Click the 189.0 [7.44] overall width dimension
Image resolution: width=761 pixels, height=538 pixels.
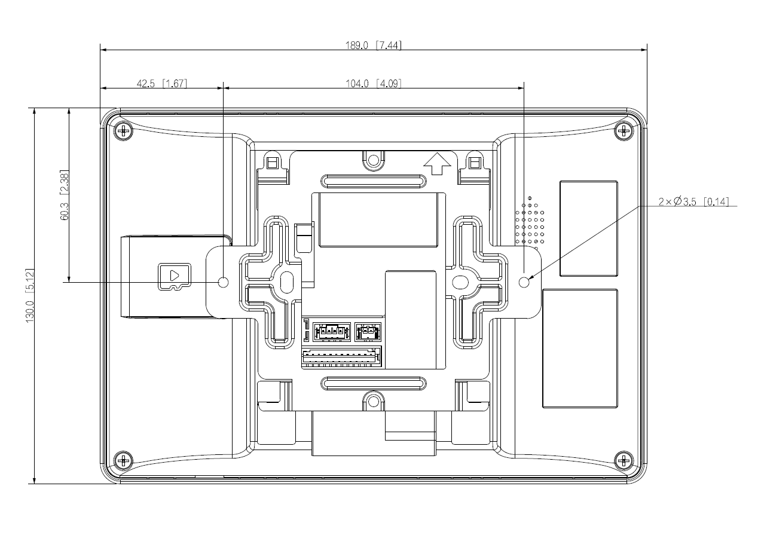(x=373, y=45)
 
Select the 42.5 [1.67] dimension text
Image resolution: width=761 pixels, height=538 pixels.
(x=161, y=84)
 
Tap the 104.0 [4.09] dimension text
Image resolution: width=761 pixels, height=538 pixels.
(x=373, y=84)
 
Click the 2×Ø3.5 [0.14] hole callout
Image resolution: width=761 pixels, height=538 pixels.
(x=693, y=201)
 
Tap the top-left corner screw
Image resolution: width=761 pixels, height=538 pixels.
(x=124, y=130)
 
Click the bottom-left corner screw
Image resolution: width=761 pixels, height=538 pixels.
(x=124, y=460)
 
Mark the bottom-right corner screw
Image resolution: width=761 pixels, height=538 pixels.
(x=624, y=460)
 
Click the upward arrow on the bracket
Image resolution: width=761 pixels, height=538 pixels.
(x=436, y=162)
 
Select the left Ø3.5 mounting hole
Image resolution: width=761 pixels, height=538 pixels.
(x=223, y=282)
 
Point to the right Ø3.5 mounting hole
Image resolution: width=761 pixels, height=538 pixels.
(x=524, y=282)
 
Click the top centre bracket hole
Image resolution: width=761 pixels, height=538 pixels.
(x=374, y=160)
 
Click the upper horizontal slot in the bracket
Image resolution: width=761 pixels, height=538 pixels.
(x=374, y=181)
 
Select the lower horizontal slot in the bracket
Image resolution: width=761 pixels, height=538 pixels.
(x=374, y=382)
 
